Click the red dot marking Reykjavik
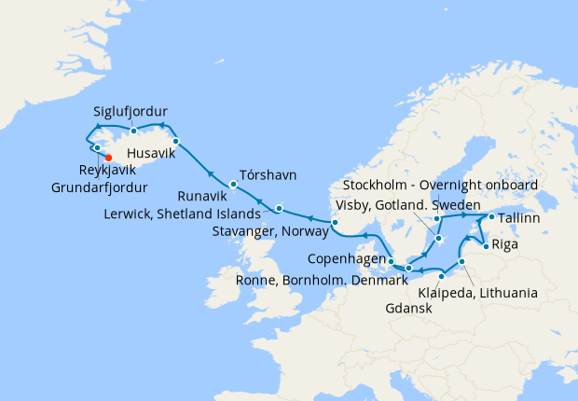click(x=109, y=157)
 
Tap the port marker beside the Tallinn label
click(x=490, y=217)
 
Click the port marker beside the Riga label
click(x=485, y=247)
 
